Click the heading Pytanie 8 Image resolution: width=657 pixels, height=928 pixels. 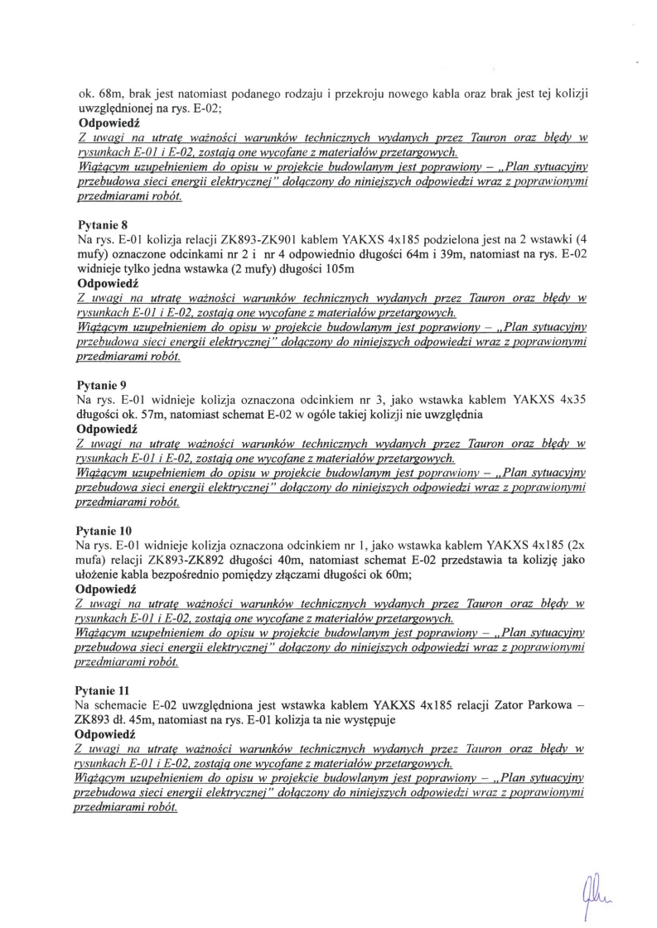101,223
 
